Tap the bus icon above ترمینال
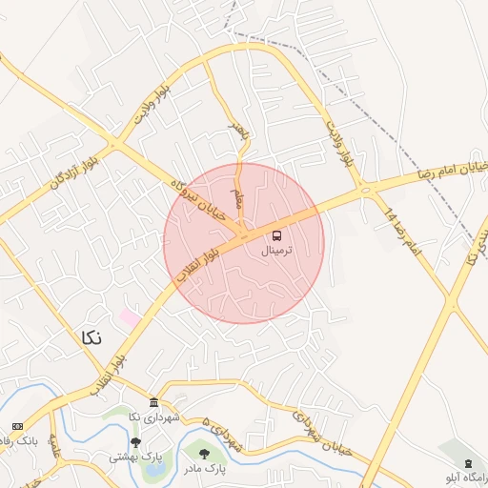(x=276, y=234)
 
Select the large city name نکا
(x=89, y=337)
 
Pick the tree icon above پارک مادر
(x=205, y=453)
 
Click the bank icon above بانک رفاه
(x=17, y=425)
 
